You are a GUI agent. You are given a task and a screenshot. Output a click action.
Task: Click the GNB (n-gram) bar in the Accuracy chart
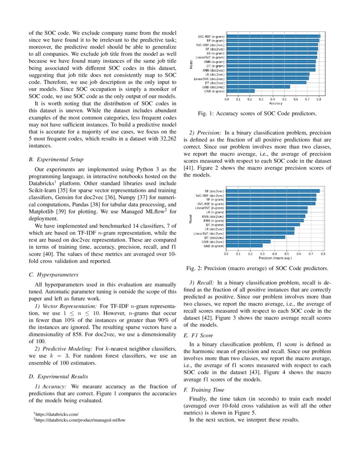tap(240, 91)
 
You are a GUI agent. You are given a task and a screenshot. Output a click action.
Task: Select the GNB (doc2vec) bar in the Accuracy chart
tap(258, 87)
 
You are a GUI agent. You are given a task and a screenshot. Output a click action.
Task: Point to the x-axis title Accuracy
tap(276, 103)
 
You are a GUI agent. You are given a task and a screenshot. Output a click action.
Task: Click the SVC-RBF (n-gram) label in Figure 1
tap(210, 36)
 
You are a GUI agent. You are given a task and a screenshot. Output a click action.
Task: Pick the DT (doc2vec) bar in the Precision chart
tap(255, 237)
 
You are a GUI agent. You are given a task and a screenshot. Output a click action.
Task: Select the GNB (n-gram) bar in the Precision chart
tap(244, 245)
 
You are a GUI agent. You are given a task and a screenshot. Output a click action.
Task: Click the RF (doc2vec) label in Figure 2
tap(214, 191)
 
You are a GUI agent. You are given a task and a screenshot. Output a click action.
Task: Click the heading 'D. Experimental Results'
tap(58, 376)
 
